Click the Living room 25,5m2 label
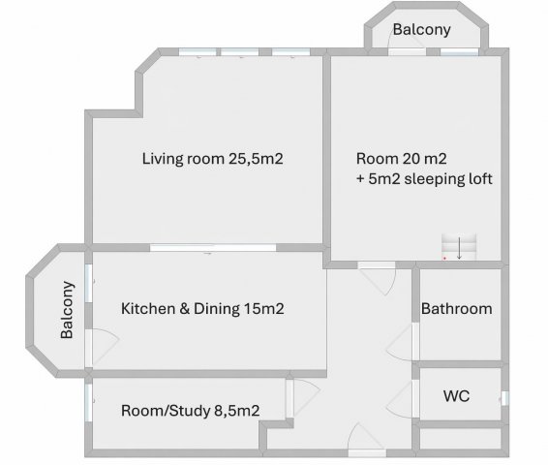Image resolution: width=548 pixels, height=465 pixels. pyautogui.click(x=212, y=159)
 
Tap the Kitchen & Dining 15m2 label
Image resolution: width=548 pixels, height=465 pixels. pyautogui.click(x=202, y=309)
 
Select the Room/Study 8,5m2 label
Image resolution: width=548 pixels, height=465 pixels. pyautogui.click(x=190, y=411)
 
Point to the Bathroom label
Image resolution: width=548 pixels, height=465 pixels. pyautogui.click(x=456, y=309)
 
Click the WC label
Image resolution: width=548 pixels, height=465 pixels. pyautogui.click(x=456, y=396)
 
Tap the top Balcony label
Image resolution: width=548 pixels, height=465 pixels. pyautogui.click(x=421, y=29)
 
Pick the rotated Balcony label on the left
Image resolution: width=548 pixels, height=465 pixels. pyautogui.click(x=67, y=310)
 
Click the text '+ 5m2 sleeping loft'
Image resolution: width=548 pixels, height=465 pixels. pyautogui.click(x=424, y=178)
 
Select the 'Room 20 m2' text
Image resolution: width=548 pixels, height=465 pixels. pyautogui.click(x=401, y=159)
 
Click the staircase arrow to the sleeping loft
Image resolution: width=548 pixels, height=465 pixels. pyautogui.click(x=459, y=248)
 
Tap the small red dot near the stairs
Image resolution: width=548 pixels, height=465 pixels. pyautogui.click(x=444, y=259)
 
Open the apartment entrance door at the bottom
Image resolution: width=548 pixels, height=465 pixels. pyautogui.click(x=367, y=438)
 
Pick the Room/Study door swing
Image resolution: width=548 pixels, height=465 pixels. pyautogui.click(x=303, y=398)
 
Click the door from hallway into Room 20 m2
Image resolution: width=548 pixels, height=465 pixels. pyautogui.click(x=377, y=279)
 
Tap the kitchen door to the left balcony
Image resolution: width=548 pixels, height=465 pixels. pyautogui.click(x=103, y=348)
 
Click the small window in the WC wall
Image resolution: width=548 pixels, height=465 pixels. pyautogui.click(x=505, y=398)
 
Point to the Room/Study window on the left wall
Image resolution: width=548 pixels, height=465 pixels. pyautogui.click(x=89, y=403)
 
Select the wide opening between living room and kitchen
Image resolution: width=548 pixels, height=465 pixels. pyautogui.click(x=213, y=248)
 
